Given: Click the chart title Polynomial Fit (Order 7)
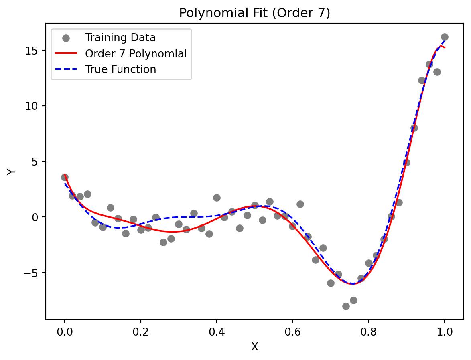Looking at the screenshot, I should (254, 13).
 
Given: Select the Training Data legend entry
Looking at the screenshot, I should (120, 38).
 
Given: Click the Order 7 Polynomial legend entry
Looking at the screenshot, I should (136, 54).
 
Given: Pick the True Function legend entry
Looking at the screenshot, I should (120, 69).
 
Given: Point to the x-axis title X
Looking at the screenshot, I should (254, 347).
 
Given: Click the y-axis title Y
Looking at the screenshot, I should (12, 171).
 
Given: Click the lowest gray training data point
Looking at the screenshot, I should (346, 306).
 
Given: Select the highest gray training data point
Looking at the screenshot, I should (445, 37).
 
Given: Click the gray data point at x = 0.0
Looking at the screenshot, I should (65, 177).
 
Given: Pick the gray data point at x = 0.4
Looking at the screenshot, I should (217, 198).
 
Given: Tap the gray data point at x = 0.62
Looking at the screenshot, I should (300, 204).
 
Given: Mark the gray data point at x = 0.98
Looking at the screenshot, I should (437, 72).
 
